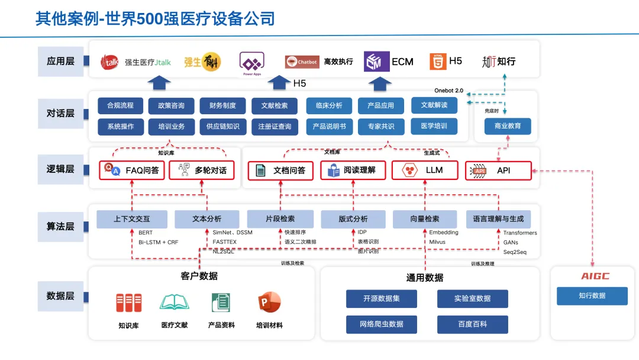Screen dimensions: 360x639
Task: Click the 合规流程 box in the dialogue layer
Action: pyautogui.click(x=120, y=105)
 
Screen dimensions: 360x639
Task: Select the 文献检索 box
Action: pyautogui.click(x=274, y=106)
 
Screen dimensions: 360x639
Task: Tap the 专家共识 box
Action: pyautogui.click(x=380, y=126)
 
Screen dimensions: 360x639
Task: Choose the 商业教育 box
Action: pyautogui.click(x=508, y=126)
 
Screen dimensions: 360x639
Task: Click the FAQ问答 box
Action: pyautogui.click(x=132, y=171)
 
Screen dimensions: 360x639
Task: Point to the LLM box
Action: pyautogui.click(x=425, y=171)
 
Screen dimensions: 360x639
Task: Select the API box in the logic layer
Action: pyautogui.click(x=498, y=171)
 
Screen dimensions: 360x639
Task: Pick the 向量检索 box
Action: pyautogui.click(x=424, y=219)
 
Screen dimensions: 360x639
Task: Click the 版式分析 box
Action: pyautogui.click(x=353, y=219)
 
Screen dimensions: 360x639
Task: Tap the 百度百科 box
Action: pyautogui.click(x=472, y=324)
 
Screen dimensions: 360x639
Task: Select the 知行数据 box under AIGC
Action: pyautogui.click(x=592, y=296)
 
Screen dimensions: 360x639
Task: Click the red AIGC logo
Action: pyautogui.click(x=595, y=277)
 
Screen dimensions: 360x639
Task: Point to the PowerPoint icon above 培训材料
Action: pyautogui.click(x=269, y=303)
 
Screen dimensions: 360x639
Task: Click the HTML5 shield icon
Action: pyautogui.click(x=438, y=62)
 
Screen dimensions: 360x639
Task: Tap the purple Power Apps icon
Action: pyautogui.click(x=251, y=62)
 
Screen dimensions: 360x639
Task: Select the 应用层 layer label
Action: pyautogui.click(x=60, y=61)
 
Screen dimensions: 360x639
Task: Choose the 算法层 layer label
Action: pyautogui.click(x=60, y=226)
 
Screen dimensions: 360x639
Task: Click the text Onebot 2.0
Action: pyautogui.click(x=448, y=91)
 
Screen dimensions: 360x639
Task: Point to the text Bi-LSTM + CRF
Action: pyautogui.click(x=158, y=242)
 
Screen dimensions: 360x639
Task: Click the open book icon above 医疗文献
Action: pyautogui.click(x=174, y=303)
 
